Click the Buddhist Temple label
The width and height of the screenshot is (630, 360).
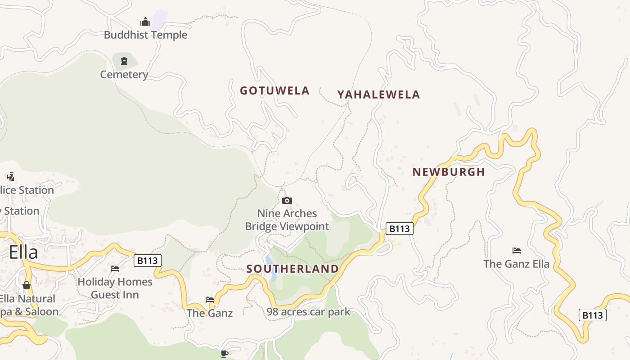[145, 35]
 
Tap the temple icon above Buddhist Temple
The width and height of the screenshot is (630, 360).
[145, 22]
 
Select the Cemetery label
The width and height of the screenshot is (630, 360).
[124, 75]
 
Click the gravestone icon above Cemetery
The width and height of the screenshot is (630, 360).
[124, 61]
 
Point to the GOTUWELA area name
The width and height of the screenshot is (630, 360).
[274, 91]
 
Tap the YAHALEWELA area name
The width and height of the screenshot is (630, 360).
[378, 94]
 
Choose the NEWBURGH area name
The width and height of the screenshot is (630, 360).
[449, 172]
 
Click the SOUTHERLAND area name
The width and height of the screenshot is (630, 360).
[292, 269]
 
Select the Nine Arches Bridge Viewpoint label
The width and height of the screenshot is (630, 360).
[287, 220]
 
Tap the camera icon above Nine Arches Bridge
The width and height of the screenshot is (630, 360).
[287, 201]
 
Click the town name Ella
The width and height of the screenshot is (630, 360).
[23, 252]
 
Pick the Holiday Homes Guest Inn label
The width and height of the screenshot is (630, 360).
[115, 288]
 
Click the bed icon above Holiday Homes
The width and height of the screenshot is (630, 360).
[115, 269]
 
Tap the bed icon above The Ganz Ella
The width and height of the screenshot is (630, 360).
[517, 251]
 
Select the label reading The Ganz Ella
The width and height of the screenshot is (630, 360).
[517, 264]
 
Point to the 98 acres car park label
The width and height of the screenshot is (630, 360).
[308, 312]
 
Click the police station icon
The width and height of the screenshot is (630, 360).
[10, 177]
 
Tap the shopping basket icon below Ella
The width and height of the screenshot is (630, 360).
[27, 285]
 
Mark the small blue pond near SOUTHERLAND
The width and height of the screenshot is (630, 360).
[270, 262]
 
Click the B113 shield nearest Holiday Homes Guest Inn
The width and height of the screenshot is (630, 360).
[147, 261]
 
